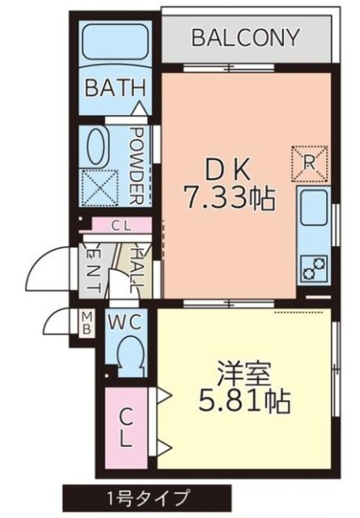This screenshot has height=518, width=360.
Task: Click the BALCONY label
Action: pyautogui.click(x=246, y=38)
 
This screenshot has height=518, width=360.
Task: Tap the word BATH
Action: pyautogui.click(x=115, y=87)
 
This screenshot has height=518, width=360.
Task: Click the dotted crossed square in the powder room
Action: pyautogui.click(x=100, y=188)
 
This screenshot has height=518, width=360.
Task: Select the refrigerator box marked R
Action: pyautogui.click(x=310, y=163)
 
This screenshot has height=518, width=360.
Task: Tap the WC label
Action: pyautogui.click(x=125, y=322)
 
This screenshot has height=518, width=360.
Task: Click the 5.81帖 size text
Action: pyautogui.click(x=245, y=401)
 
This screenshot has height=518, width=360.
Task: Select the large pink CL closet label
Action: pyautogui.click(x=125, y=427)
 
